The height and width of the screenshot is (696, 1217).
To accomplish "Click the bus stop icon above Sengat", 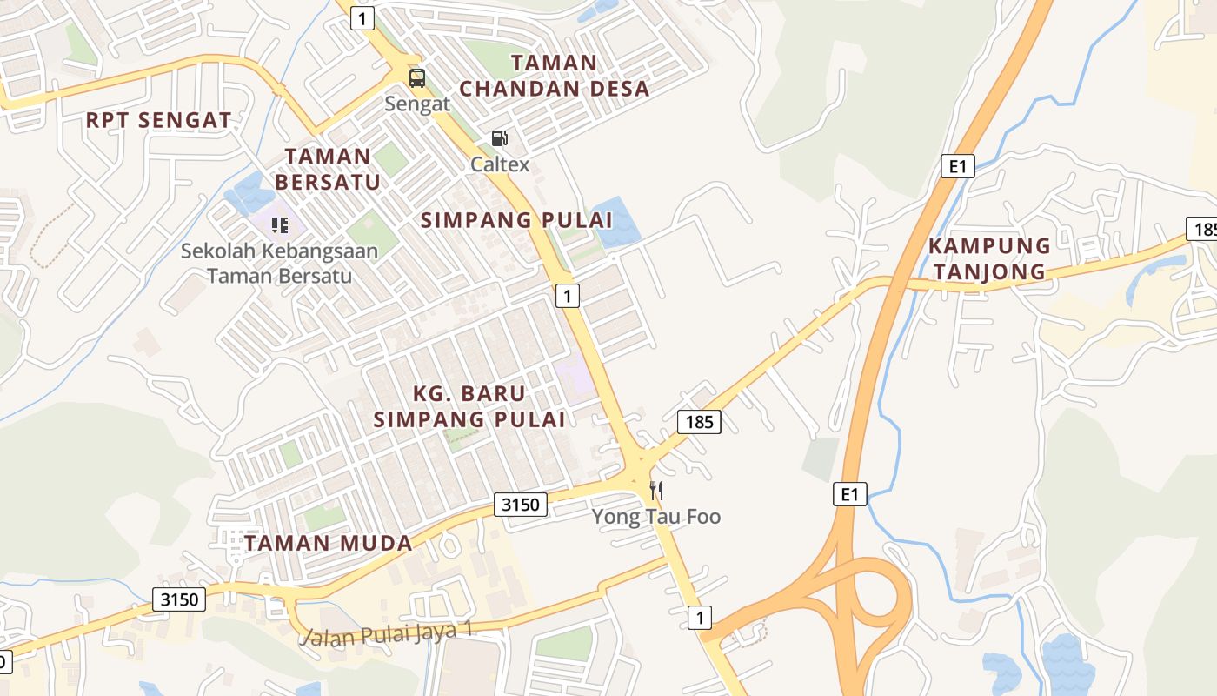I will coord(417,78).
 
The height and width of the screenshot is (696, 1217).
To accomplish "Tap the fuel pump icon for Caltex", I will coord(499,137).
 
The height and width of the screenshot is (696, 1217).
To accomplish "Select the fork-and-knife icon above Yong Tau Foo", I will coord(656,491).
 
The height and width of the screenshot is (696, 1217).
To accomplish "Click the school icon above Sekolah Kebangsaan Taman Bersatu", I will coord(279,226).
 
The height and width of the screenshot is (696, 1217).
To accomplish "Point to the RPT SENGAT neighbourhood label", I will coord(159,121).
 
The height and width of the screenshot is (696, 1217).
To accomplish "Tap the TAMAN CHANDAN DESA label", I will coord(555,76).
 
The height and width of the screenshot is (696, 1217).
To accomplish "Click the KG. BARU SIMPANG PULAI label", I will coord(469,406).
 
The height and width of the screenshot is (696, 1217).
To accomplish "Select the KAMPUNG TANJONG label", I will coord(989,258).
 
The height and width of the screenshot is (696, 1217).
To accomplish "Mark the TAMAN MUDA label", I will coord(329,544).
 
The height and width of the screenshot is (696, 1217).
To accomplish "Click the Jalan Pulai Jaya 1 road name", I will coord(387,633).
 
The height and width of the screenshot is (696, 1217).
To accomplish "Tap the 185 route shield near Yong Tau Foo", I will coord(699,423).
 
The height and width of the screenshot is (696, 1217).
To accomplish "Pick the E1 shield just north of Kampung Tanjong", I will coord(957,165).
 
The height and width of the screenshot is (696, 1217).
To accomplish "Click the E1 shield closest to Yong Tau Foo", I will coord(849,494).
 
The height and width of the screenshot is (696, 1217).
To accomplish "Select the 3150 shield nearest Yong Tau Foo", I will coord(522,504).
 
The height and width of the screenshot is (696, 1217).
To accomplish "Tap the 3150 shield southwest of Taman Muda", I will coord(180,599).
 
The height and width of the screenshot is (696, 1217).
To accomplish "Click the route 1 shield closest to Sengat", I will coord(362,17).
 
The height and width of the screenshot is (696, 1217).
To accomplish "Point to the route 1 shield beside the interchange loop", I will coord(699,618).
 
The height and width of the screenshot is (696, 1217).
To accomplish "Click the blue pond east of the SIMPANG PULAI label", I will coord(616,223).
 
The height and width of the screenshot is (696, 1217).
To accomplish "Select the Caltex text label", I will coord(500,164).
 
